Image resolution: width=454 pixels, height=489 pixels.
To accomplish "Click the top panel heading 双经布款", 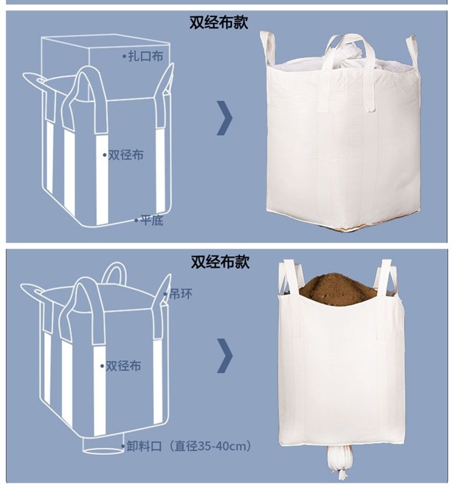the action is tap(219, 22).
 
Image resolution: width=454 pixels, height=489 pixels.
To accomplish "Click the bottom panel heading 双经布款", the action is tap(220, 262).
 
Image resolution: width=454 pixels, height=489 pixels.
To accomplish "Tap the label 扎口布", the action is tap(145, 56).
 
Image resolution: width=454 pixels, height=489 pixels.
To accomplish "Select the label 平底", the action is tap(151, 221).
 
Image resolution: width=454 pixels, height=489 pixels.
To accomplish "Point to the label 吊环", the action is tap(181, 294).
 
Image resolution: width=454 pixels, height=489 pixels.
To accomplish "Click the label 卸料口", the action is tap(144, 446).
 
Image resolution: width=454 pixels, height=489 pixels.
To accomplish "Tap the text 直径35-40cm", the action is tap(211, 446).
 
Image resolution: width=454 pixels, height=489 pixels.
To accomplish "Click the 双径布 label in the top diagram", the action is tap(126, 155).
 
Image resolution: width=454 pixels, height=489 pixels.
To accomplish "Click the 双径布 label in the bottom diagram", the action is tap(123, 366).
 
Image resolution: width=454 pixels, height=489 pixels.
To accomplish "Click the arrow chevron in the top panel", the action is tap(225, 118).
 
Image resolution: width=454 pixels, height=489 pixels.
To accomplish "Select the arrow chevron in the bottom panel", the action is tap(225, 356).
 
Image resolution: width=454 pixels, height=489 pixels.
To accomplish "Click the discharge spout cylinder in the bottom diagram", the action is tap(104, 445).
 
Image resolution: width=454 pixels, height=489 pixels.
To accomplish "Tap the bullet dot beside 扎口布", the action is tap(124, 56).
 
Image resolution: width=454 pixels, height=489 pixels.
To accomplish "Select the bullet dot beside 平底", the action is tap(136, 221).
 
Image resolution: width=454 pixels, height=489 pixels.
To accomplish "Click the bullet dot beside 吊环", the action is tap(165, 294).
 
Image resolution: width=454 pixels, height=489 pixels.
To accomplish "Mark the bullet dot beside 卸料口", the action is tap(123, 446).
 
